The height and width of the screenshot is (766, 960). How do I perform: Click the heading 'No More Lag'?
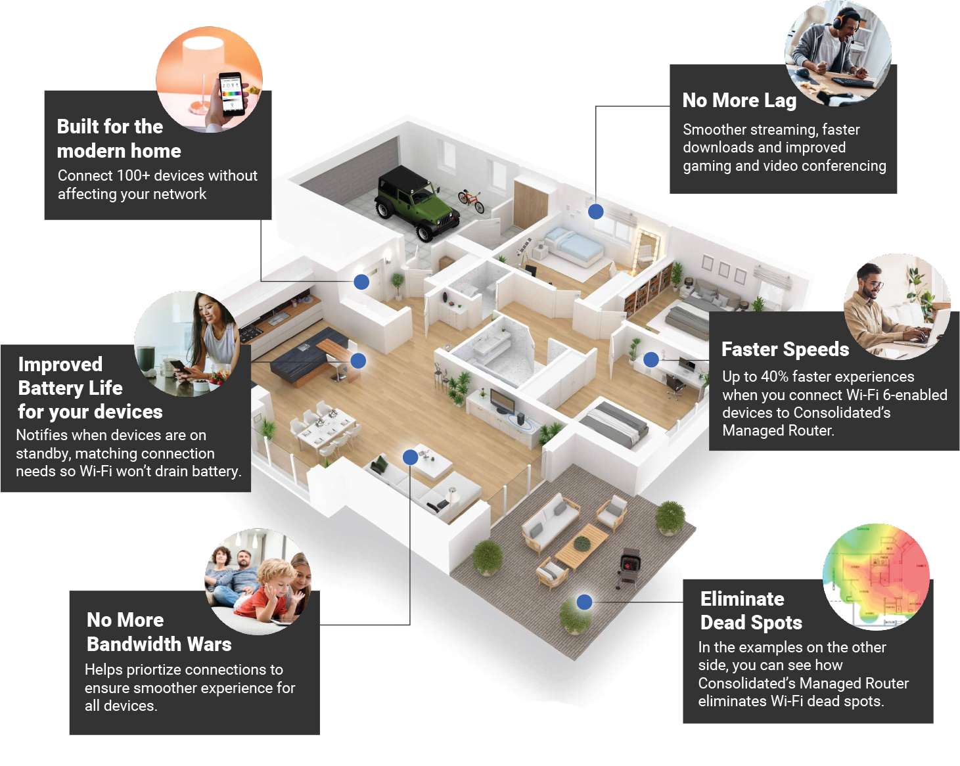click(x=739, y=101)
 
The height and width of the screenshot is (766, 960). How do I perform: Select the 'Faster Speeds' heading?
click(x=785, y=349)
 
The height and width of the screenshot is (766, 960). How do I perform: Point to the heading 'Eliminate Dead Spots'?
click(x=750, y=610)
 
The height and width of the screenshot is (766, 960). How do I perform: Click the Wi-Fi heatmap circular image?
click(x=875, y=576)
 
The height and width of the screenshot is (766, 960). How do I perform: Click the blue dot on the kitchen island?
click(x=358, y=361)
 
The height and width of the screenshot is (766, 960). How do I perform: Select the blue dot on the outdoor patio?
click(x=584, y=602)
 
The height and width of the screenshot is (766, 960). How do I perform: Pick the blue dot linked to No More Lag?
click(x=596, y=212)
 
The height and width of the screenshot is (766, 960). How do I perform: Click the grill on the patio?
click(x=630, y=566)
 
